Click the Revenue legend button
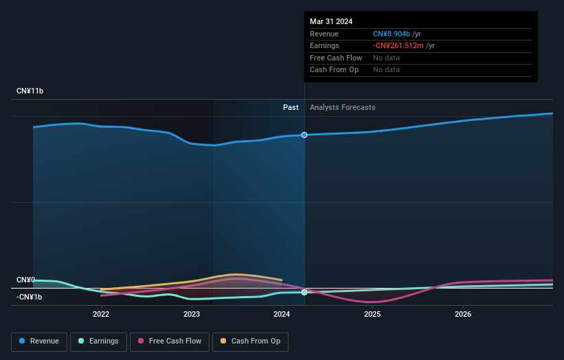pyautogui.click(x=39, y=341)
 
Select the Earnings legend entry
pyautogui.click(x=98, y=341)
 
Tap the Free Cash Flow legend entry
pyautogui.click(x=169, y=341)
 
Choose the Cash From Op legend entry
pyautogui.click(x=251, y=341)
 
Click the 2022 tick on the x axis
pyautogui.click(x=101, y=315)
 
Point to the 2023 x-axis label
pyautogui.click(x=192, y=315)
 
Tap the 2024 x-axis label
pyautogui.click(x=282, y=315)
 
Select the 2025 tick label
pyautogui.click(x=372, y=315)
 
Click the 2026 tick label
pyautogui.click(x=463, y=315)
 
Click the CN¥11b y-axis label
pyautogui.click(x=30, y=91)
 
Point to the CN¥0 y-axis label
pyautogui.click(x=25, y=280)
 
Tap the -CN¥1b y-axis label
pyautogui.click(x=30, y=297)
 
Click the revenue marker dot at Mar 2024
pyautogui.click(x=304, y=135)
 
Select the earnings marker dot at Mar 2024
pyautogui.click(x=304, y=292)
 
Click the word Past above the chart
pyautogui.click(x=291, y=107)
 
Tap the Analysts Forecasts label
pyautogui.click(x=342, y=107)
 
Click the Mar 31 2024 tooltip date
pyautogui.click(x=331, y=21)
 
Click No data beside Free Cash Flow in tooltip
pyautogui.click(x=386, y=58)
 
